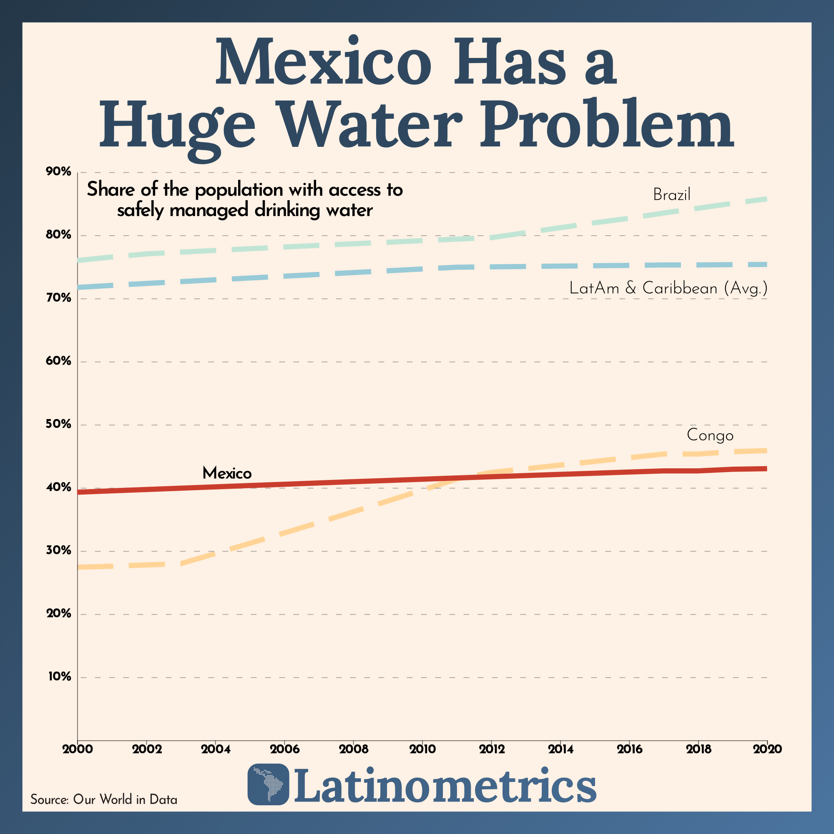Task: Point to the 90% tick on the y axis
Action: (x=58, y=172)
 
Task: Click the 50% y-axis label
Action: (x=58, y=425)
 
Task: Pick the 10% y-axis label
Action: (x=59, y=676)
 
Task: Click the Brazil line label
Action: (x=672, y=195)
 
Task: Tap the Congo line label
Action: (x=710, y=435)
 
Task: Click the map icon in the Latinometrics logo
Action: (x=268, y=784)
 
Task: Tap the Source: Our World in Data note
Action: (x=103, y=799)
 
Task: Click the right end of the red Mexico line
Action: (x=766, y=469)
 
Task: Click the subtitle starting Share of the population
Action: (x=245, y=200)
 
